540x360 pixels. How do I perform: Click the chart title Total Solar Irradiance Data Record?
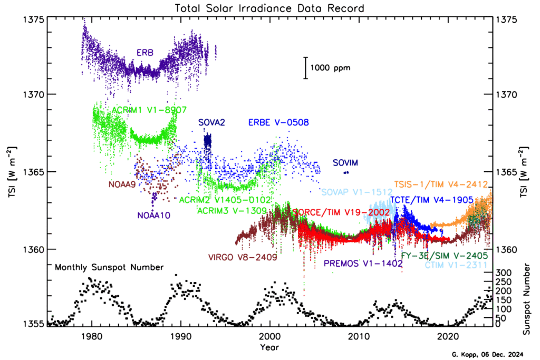270,7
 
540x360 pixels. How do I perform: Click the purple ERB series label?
146,53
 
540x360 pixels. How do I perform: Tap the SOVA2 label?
212,123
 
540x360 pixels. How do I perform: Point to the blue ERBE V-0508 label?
278,123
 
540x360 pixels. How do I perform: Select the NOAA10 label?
153,215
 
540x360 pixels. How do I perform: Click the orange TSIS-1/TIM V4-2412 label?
441,184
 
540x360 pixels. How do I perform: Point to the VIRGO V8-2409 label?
243,257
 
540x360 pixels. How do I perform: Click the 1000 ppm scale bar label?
330,68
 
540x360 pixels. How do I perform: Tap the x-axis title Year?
270,347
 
